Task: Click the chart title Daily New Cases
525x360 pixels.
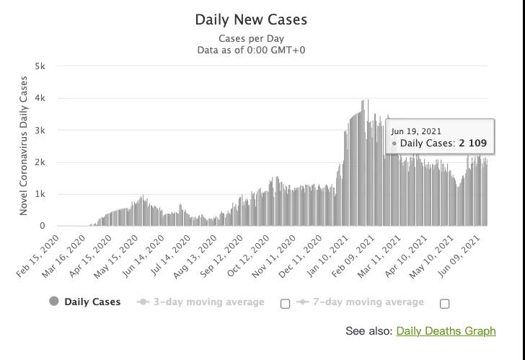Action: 251,19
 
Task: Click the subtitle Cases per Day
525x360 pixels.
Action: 251,38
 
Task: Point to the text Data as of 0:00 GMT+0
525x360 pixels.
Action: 251,50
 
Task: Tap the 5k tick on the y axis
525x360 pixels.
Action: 40,66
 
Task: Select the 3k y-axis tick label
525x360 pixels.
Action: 40,131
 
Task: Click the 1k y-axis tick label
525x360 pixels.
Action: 40,194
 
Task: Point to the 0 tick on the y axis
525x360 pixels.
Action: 43,226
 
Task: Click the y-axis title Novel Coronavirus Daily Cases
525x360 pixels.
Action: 24,146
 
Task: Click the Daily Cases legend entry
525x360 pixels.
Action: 92,302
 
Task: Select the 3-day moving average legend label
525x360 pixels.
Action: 208,302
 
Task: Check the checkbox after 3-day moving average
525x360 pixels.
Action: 285,303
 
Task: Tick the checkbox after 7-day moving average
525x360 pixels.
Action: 444,303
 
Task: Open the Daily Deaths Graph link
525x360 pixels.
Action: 446,331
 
